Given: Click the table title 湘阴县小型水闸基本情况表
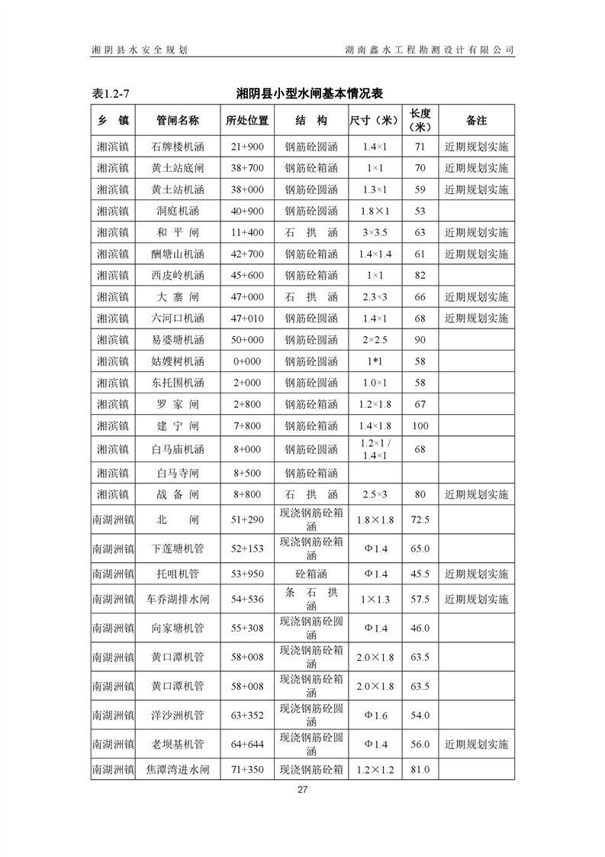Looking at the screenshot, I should [x=309, y=94].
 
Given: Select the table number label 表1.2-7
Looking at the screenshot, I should [x=111, y=94].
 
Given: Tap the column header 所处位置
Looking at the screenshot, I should [x=247, y=121].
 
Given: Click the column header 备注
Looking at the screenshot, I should [x=476, y=121].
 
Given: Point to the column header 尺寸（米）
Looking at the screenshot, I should [x=375, y=121].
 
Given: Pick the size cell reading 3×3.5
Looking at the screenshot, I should [x=375, y=232].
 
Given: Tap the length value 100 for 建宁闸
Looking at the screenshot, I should [x=420, y=425].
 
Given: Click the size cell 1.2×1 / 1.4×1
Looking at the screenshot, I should [x=375, y=449].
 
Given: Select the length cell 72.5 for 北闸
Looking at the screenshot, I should [x=420, y=520].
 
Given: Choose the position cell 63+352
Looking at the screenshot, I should [x=247, y=716].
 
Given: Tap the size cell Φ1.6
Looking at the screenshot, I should [x=375, y=716].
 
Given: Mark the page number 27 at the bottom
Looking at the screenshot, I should [x=302, y=790].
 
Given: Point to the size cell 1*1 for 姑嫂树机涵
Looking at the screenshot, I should [x=375, y=361].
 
